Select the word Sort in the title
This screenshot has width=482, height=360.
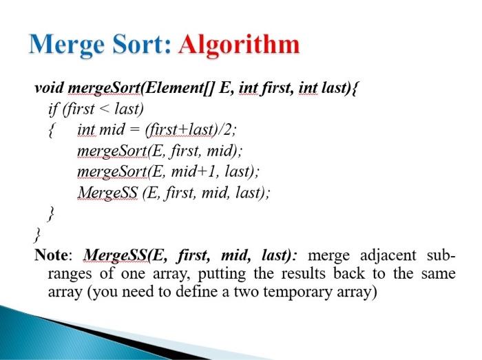coord(145,45)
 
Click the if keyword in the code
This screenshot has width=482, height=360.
coord(52,109)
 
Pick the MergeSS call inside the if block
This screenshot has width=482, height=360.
coord(107,193)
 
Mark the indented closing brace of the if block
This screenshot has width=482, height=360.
coord(49,214)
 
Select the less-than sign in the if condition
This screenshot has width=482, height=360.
coord(103,109)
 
